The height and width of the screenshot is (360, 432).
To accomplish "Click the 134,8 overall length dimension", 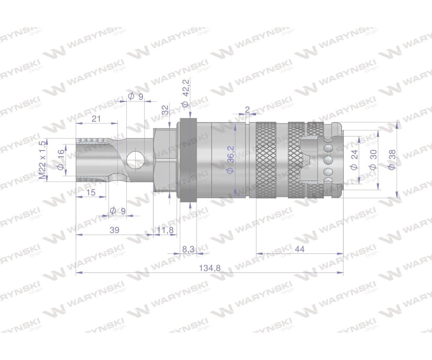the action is point(210,268).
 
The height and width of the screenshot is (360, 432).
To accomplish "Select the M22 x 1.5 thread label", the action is point(42,160).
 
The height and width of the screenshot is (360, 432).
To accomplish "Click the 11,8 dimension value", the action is point(165,230).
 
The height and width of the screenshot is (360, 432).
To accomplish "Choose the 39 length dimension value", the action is point(114,230).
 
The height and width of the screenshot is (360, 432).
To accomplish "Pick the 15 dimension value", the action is point(91,192).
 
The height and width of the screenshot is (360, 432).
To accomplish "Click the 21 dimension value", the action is point(96,119).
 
